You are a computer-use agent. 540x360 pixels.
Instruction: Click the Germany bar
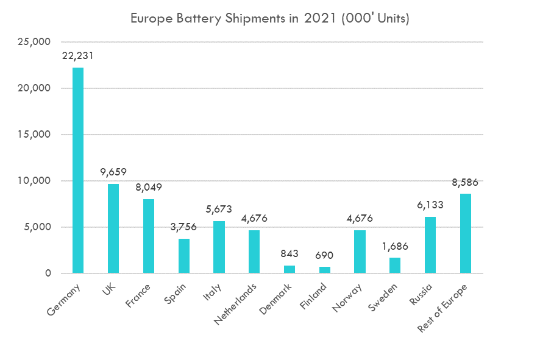tap(78, 171)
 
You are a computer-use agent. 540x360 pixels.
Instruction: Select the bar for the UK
tap(113, 228)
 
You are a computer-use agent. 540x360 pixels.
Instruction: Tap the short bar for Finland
tap(324, 270)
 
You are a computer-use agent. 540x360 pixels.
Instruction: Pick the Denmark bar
tap(290, 269)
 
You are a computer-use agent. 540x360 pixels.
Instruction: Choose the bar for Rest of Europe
tap(465, 234)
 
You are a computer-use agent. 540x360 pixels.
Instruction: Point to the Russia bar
tap(430, 245)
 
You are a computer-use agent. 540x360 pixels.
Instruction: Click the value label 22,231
tap(78, 56)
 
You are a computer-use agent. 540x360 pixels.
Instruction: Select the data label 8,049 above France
tap(149, 187)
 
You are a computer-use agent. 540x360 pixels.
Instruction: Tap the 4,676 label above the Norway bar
tap(360, 218)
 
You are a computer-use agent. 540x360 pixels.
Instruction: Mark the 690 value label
tap(324, 255)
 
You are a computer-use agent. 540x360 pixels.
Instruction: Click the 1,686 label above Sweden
tap(395, 247)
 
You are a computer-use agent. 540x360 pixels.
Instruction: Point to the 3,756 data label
tap(183, 227)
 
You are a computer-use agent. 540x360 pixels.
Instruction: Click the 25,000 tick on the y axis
tap(34, 42)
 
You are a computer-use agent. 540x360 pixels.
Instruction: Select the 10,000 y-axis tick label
tap(34, 181)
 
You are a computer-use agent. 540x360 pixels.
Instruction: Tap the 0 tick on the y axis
tap(48, 274)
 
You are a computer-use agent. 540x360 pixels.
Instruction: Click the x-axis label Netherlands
tap(235, 304)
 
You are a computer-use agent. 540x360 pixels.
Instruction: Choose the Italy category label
tap(212, 292)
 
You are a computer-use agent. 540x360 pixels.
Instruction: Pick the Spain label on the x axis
tap(175, 294)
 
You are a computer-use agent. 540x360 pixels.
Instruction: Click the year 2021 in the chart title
tap(320, 18)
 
